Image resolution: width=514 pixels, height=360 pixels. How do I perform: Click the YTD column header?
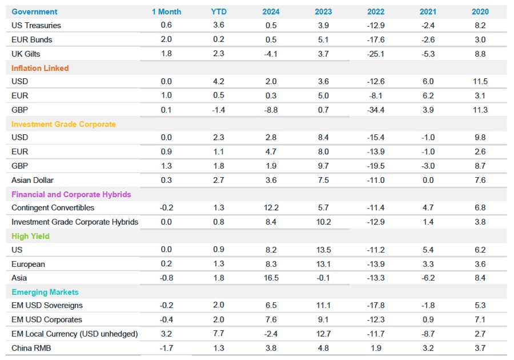[x=218, y=11]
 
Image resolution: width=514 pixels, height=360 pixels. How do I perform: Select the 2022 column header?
[x=376, y=11]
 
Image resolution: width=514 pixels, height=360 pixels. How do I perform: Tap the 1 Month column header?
[x=166, y=11]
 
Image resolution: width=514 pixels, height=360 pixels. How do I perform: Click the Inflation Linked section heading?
[x=40, y=68]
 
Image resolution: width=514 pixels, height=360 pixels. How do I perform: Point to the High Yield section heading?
[x=30, y=236]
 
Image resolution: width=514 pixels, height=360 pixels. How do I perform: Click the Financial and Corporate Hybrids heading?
[x=71, y=194]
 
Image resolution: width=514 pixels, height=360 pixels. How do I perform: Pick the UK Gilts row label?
[x=26, y=54]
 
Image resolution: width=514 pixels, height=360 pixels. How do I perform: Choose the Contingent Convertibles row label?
[x=53, y=208]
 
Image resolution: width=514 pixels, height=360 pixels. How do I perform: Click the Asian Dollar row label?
[x=33, y=180]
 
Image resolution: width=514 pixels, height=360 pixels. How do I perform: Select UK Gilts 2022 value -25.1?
[x=376, y=54]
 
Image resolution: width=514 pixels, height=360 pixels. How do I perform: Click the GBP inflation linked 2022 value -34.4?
[x=376, y=110]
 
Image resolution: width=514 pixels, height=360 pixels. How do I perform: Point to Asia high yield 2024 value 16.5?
[x=271, y=278]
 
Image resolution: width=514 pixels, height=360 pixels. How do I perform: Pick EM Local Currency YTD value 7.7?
[x=218, y=333]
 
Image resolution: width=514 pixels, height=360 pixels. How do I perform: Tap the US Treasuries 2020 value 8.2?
[x=480, y=25]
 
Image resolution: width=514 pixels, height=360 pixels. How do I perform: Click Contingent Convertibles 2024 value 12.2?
[x=271, y=208]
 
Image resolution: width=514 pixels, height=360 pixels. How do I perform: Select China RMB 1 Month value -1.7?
[x=166, y=347]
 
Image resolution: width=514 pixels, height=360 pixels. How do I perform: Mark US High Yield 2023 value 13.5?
[x=323, y=250]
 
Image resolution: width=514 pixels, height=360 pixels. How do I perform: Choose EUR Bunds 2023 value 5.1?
[x=323, y=39]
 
